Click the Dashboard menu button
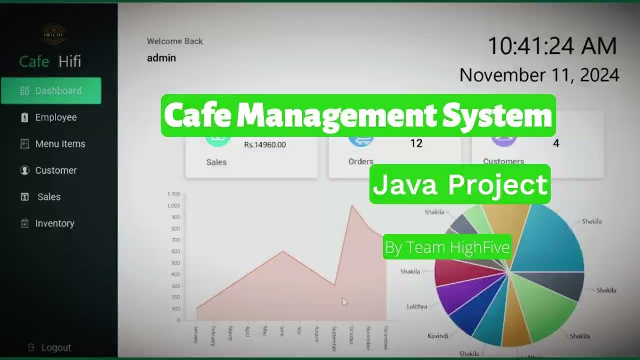51,90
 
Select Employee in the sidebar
55,117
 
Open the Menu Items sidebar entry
60,144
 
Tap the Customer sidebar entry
55,170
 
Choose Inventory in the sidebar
54,223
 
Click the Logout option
55,347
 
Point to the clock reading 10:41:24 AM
552,46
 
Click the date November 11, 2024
539,75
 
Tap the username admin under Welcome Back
161,58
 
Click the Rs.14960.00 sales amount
265,145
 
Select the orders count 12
416,143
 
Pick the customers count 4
556,143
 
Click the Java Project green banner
460,184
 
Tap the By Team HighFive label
447,247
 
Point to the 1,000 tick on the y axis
174,205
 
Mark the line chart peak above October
352,205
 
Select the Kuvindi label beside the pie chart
437,336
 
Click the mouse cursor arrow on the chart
344,301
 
